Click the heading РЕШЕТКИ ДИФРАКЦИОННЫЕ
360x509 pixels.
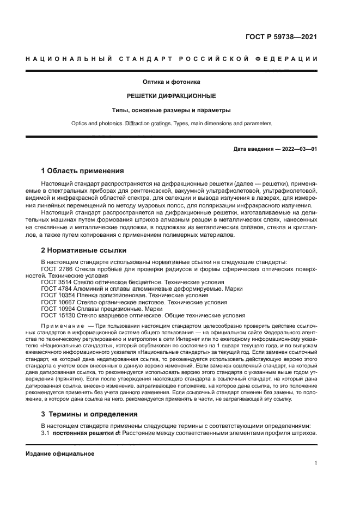tap(171, 96)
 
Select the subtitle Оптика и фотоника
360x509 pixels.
tap(171, 82)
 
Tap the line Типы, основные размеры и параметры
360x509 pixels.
tap(171, 110)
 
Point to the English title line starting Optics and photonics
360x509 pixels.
tap(171, 124)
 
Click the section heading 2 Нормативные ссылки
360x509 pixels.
tap(84, 250)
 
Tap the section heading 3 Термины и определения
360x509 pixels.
tap(89, 414)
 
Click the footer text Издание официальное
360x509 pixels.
tap(60, 453)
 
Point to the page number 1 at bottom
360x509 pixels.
tap(316, 463)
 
